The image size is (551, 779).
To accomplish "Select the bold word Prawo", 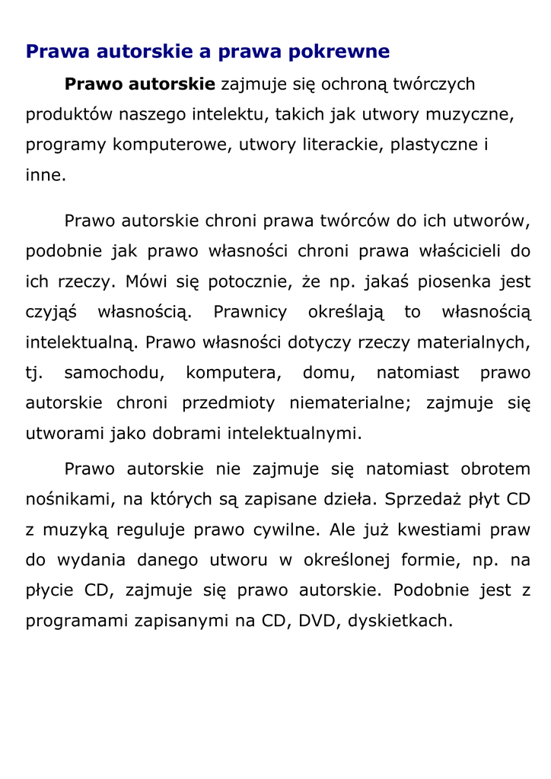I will (x=94, y=84).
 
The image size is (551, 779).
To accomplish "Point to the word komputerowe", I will (x=170, y=145).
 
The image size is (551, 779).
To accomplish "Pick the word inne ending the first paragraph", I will (x=45, y=176).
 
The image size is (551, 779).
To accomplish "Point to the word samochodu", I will (x=114, y=373).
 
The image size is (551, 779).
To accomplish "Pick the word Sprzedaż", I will (x=422, y=500).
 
